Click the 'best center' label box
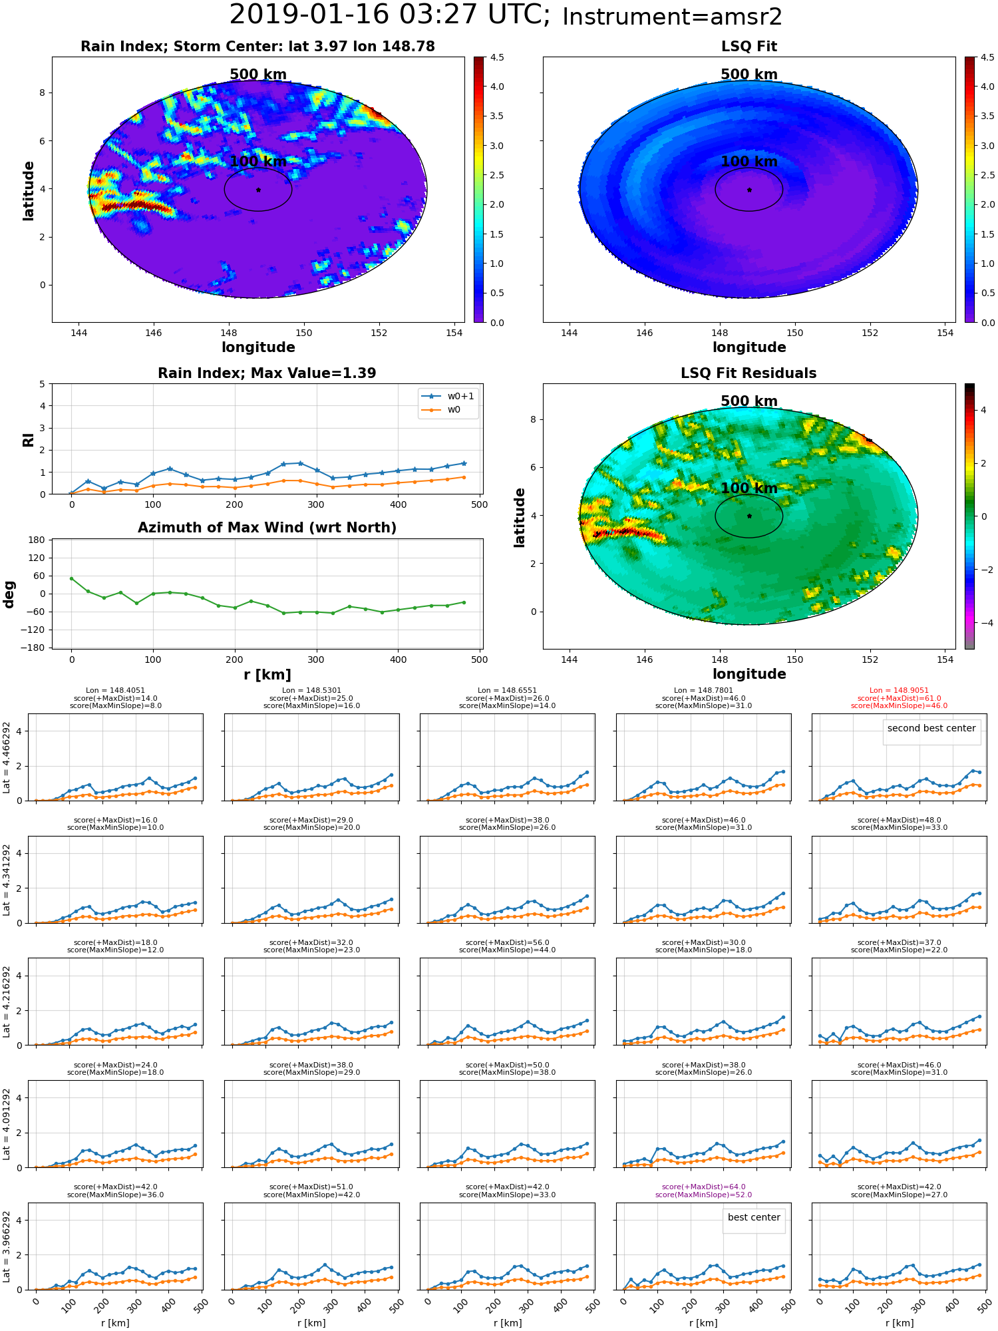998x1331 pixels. [754, 1217]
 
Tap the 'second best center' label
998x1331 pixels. [931, 728]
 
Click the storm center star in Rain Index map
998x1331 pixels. [258, 190]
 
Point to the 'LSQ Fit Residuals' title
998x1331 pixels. [748, 373]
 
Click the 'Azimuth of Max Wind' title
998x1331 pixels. [267, 528]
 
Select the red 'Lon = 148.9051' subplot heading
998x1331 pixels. [899, 691]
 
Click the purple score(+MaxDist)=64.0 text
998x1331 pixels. [703, 1187]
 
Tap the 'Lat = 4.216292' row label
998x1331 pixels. [7, 1002]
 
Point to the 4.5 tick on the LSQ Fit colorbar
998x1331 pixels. [988, 57]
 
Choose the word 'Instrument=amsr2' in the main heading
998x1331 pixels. [672, 17]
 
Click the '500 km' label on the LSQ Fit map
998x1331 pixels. [749, 75]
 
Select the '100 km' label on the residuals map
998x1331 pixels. [749, 488]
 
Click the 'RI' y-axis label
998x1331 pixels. [28, 440]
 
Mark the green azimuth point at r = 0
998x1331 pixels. [71, 578]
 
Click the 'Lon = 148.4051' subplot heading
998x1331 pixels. [115, 691]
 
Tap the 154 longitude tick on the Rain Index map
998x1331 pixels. [454, 333]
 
